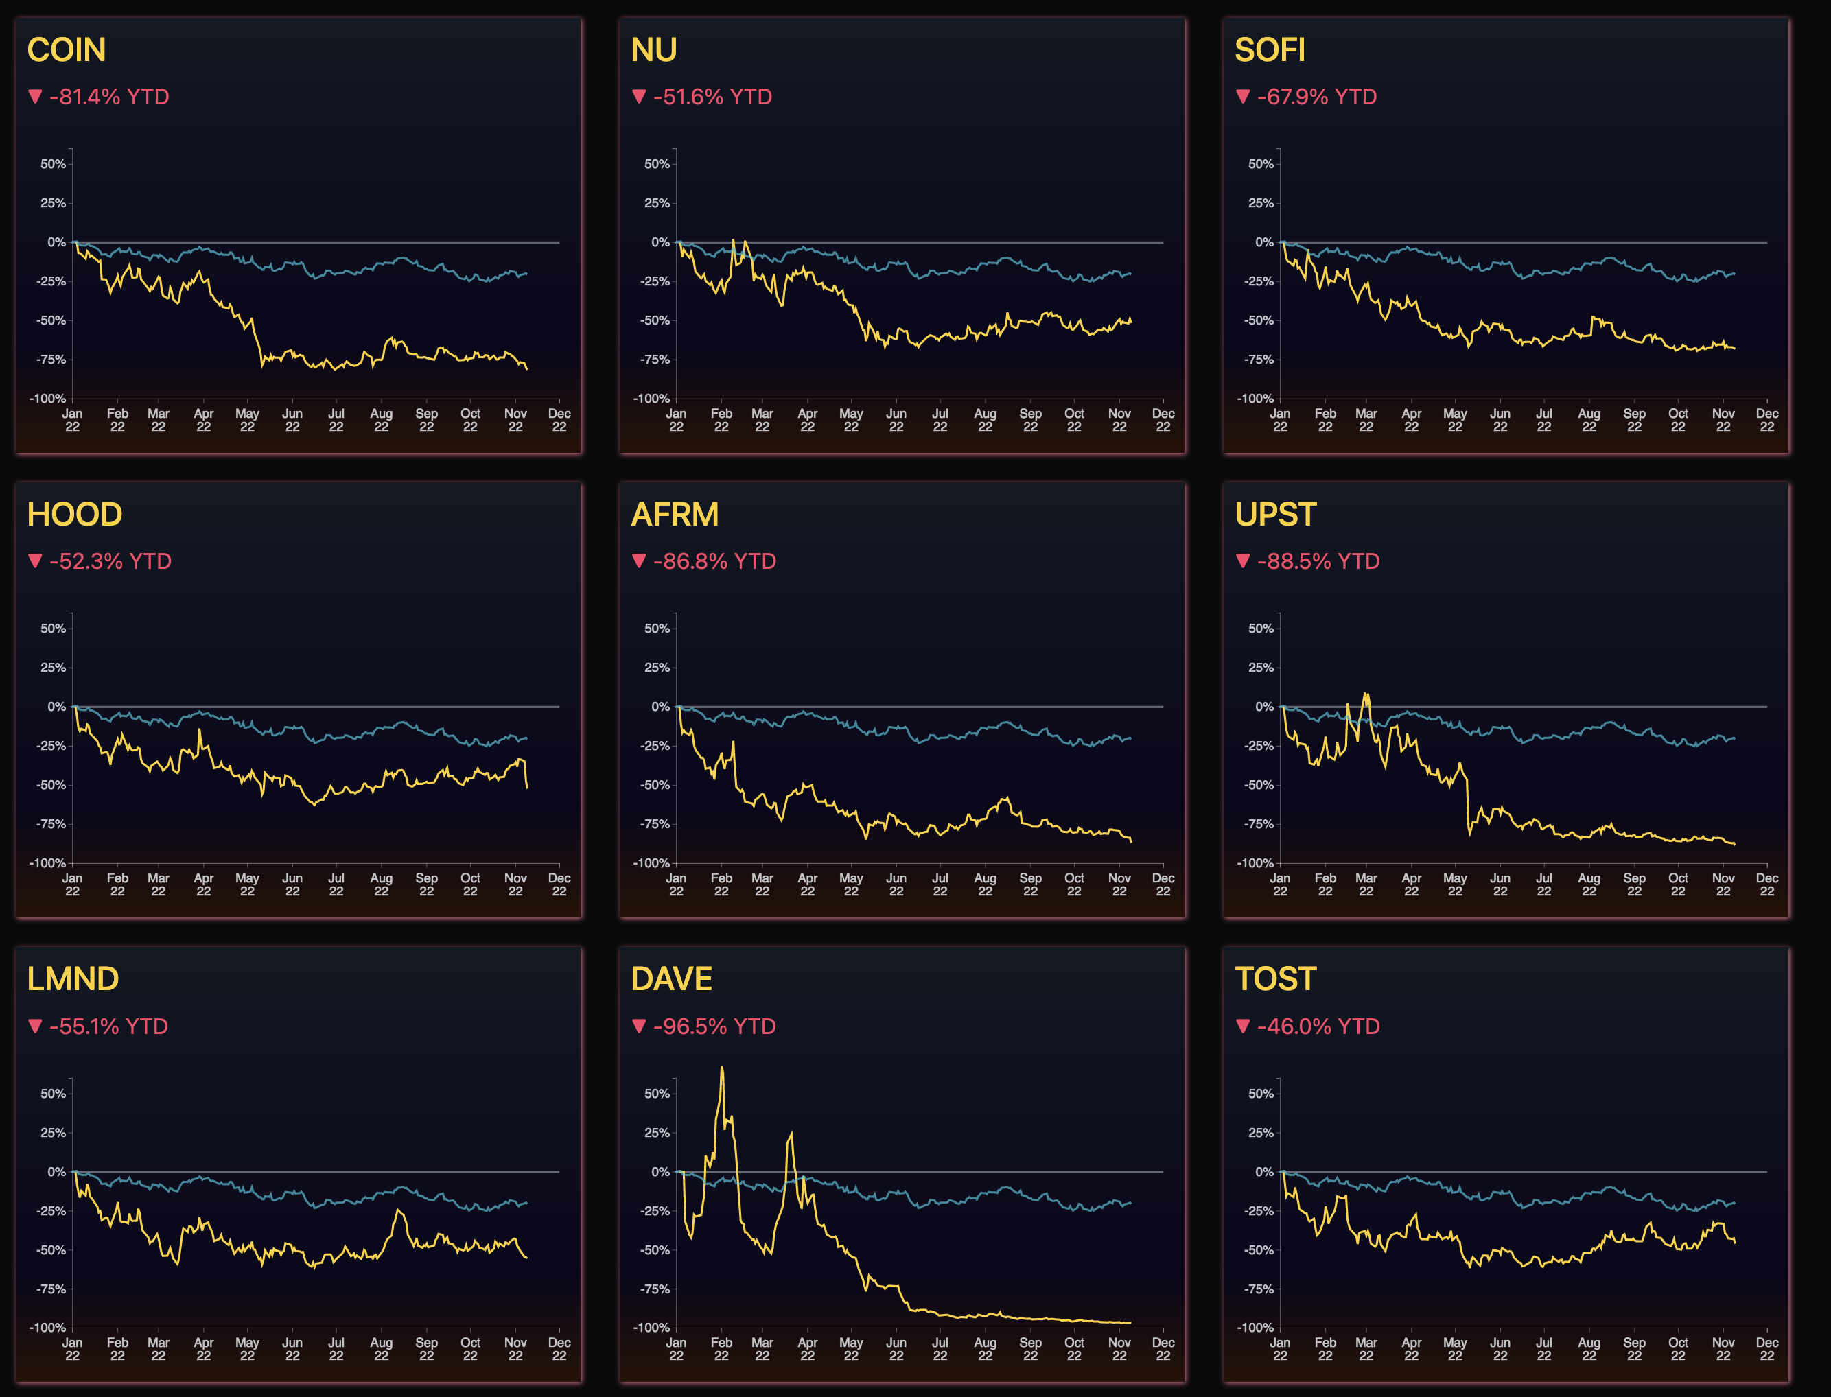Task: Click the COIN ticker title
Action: pyautogui.click(x=67, y=50)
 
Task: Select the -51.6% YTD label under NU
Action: pyautogui.click(x=712, y=97)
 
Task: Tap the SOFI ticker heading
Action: pyautogui.click(x=1270, y=50)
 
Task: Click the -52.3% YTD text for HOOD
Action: pyautogui.click(x=110, y=561)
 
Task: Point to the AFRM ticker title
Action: pyautogui.click(x=675, y=515)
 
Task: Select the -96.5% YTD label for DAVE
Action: pyautogui.click(x=714, y=1026)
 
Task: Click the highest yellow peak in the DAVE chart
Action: pyautogui.click(x=722, y=1068)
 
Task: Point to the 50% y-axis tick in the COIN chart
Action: pyautogui.click(x=54, y=165)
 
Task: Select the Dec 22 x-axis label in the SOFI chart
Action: pyautogui.click(x=1767, y=420)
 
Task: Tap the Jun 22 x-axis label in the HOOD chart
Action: pyautogui.click(x=292, y=884)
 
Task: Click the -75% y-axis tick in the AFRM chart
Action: pyautogui.click(x=655, y=824)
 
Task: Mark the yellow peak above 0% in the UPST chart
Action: pyautogui.click(x=1365, y=694)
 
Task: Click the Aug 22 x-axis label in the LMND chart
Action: pyautogui.click(x=381, y=1350)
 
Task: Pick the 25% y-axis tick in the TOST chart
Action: pyautogui.click(x=1261, y=1133)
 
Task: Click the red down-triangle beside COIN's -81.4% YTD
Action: pyautogui.click(x=35, y=97)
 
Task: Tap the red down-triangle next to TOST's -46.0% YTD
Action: pyautogui.click(x=1243, y=1026)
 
